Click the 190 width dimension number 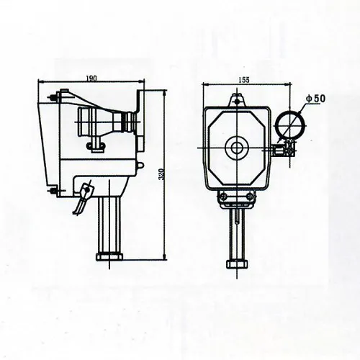(x=91, y=78)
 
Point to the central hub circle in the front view (x=236, y=148)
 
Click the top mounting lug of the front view (x=236, y=100)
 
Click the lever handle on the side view (x=86, y=193)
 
